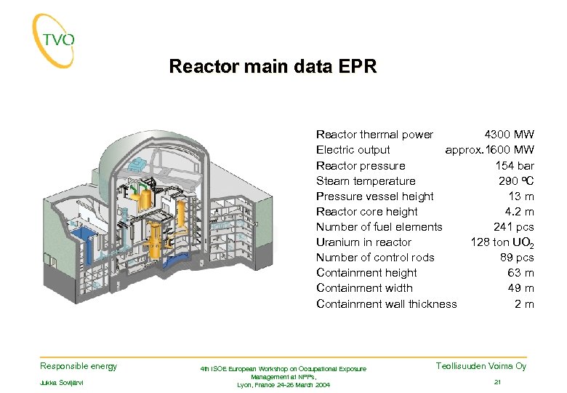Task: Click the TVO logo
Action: pyautogui.click(x=54, y=40)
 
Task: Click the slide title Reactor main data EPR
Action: pyautogui.click(x=273, y=67)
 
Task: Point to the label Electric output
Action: pyautogui.click(x=353, y=150)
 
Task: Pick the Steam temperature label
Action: pyautogui.click(x=366, y=181)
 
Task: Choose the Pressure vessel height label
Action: pyautogui.click(x=374, y=196)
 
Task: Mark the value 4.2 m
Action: pyautogui.click(x=519, y=212)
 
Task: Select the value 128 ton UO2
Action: pyautogui.click(x=502, y=242)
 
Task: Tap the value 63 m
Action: pyautogui.click(x=520, y=273)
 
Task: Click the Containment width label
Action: pyautogui.click(x=364, y=288)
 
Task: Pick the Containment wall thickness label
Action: pyautogui.click(x=387, y=304)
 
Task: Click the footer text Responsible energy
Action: pyautogui.click(x=79, y=366)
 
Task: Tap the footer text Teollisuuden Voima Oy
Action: pyautogui.click(x=481, y=366)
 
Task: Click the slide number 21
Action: pyautogui.click(x=498, y=382)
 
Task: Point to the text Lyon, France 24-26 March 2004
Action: pyautogui.click(x=283, y=385)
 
